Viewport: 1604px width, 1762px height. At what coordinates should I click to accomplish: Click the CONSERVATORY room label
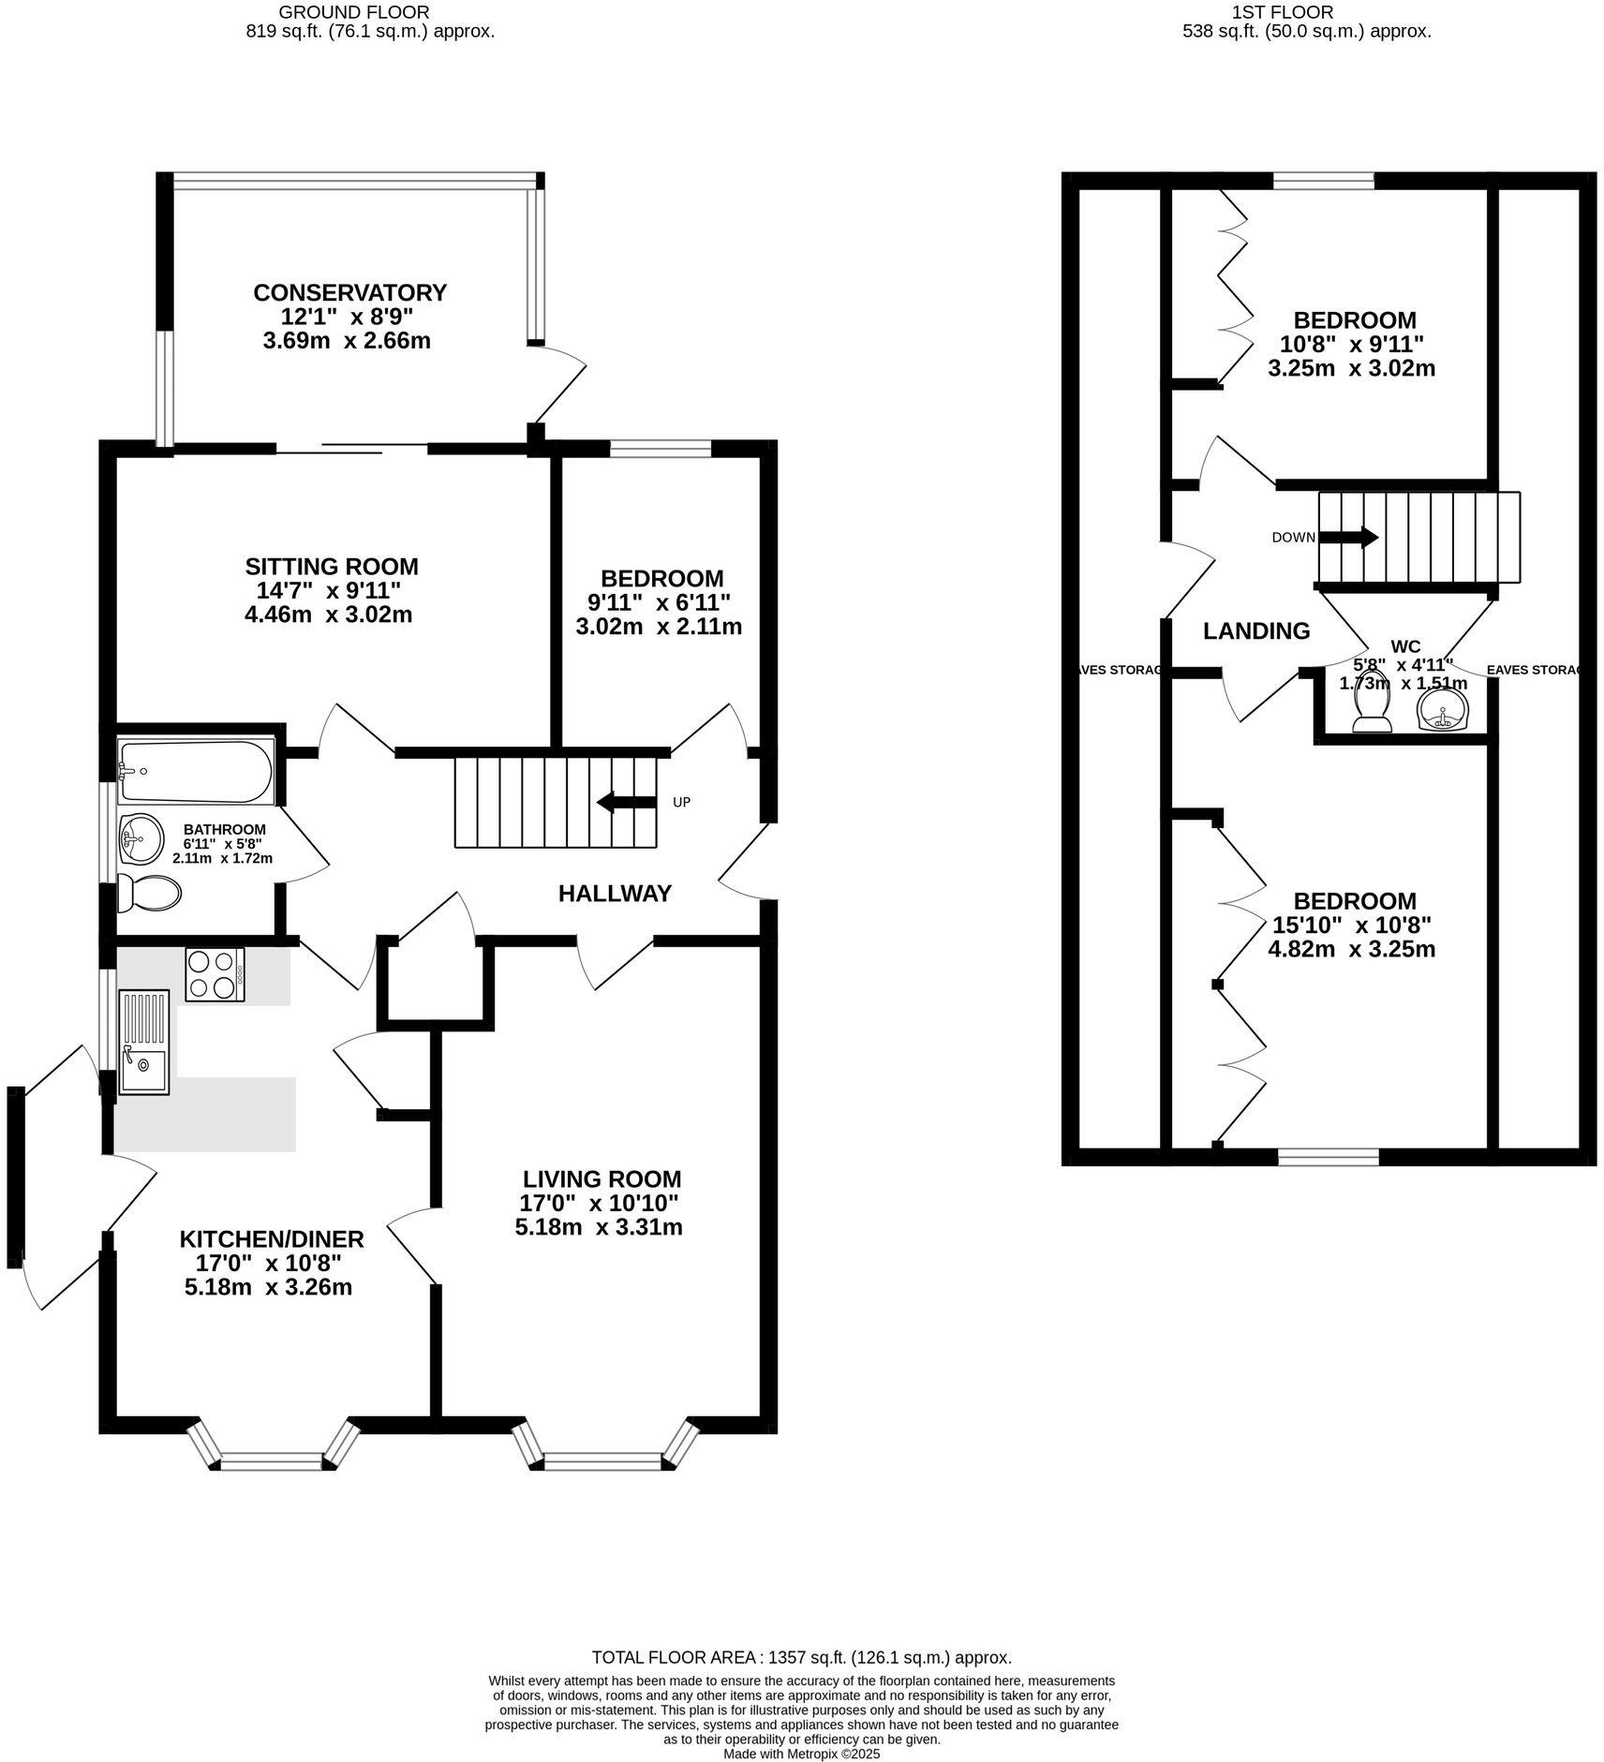[x=349, y=292]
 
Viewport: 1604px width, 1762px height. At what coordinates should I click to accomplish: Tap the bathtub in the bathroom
[x=195, y=772]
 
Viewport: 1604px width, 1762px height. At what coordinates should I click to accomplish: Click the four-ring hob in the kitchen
[x=215, y=974]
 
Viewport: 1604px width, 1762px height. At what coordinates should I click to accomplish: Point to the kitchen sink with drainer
[x=144, y=1042]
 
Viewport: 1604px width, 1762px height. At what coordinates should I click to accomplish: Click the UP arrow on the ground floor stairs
[x=627, y=802]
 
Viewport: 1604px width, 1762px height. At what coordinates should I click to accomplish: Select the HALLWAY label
[x=615, y=894]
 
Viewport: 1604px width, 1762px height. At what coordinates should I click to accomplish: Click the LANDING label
[x=1255, y=631]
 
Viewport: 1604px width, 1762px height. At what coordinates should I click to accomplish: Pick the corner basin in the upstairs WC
[x=1444, y=710]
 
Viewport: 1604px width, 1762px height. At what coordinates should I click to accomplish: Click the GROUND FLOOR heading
[x=354, y=12]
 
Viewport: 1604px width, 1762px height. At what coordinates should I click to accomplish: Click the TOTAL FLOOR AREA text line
[x=801, y=1657]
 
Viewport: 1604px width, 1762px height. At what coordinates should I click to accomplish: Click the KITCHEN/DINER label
[x=271, y=1238]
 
